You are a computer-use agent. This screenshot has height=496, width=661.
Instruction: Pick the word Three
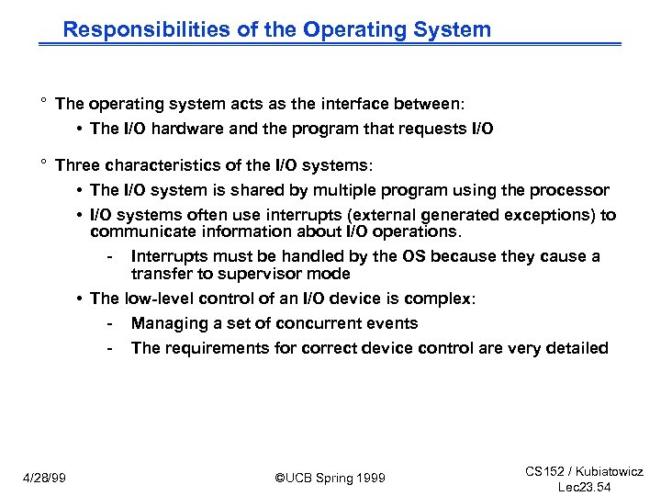78,165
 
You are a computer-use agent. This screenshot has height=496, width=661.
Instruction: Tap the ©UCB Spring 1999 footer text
330,479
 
